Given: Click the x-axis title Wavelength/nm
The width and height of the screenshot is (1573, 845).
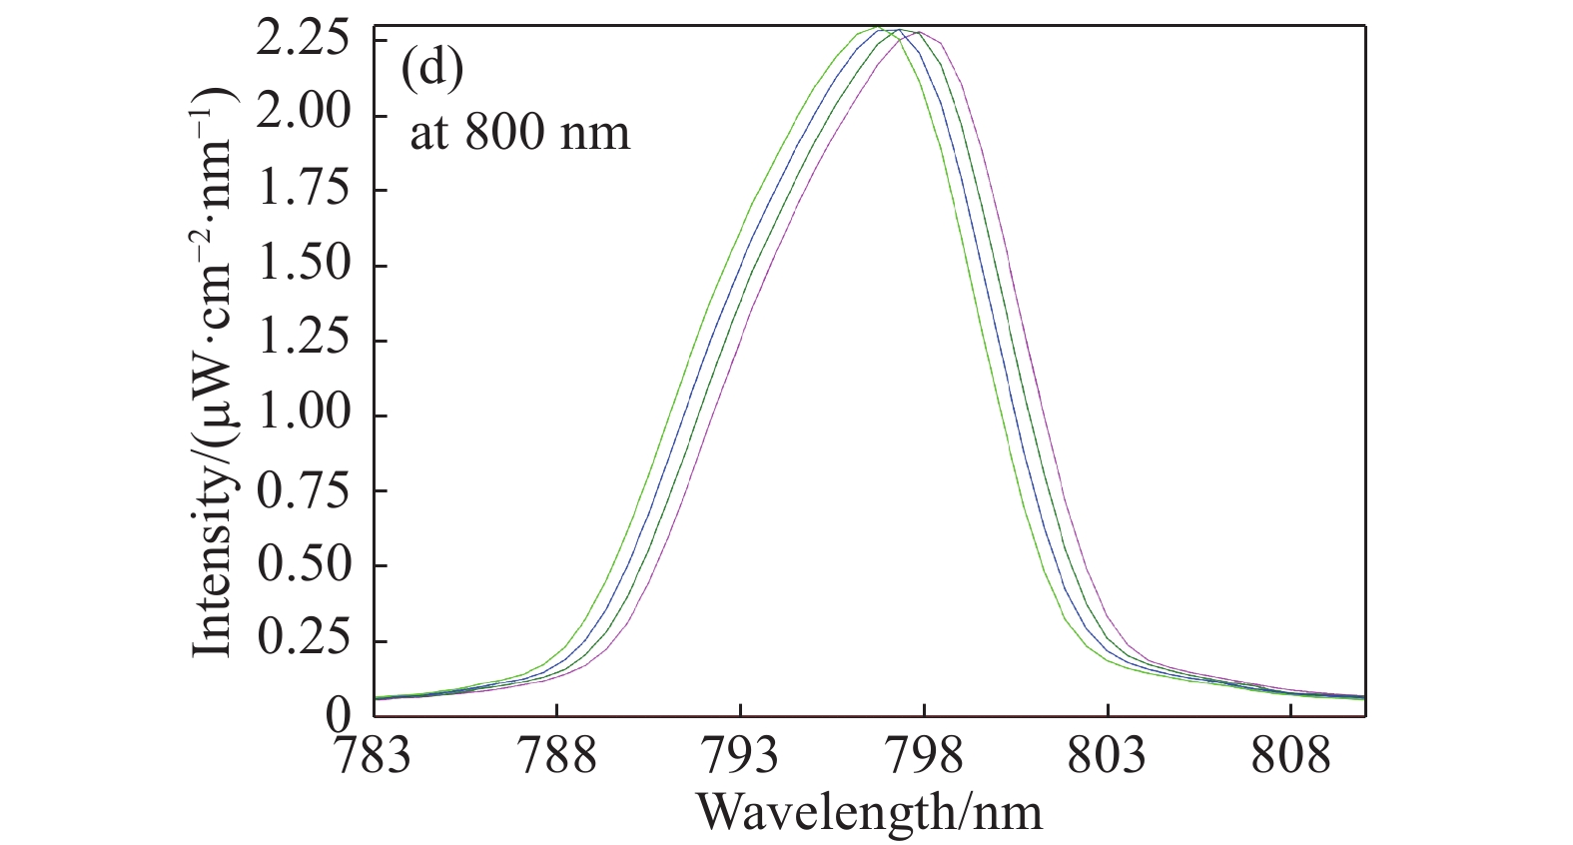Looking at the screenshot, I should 870,811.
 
